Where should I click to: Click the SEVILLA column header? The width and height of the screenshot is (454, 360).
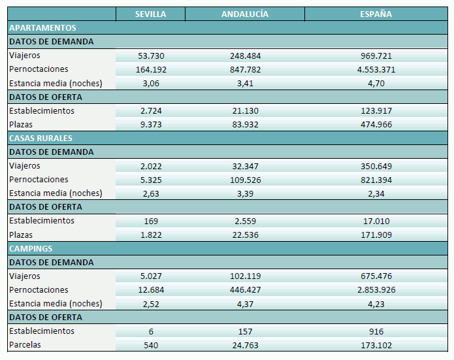[150, 14]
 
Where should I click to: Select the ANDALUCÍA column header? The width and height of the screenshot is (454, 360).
[245, 14]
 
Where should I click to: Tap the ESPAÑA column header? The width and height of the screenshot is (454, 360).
[376, 14]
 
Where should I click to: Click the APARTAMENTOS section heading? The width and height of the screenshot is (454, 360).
[42, 28]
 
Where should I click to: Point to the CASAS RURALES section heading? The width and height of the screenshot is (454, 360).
[41, 139]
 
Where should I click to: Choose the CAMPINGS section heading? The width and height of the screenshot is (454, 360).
[31, 249]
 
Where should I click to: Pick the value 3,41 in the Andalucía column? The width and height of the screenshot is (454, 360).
[245, 84]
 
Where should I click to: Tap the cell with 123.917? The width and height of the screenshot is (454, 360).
[376, 111]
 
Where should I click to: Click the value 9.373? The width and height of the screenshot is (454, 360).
[150, 125]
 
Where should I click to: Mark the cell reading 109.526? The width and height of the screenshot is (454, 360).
[245, 180]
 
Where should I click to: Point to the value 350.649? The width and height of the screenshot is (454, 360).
[376, 166]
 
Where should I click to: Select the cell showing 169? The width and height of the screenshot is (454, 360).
[150, 221]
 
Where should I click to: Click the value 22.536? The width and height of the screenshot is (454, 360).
[245, 235]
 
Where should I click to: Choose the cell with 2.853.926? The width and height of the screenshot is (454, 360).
[376, 290]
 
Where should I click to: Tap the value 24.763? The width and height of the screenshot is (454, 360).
[245, 345]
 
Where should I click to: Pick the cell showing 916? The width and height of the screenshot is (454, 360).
[376, 331]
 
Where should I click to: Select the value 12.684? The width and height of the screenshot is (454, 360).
[150, 290]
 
